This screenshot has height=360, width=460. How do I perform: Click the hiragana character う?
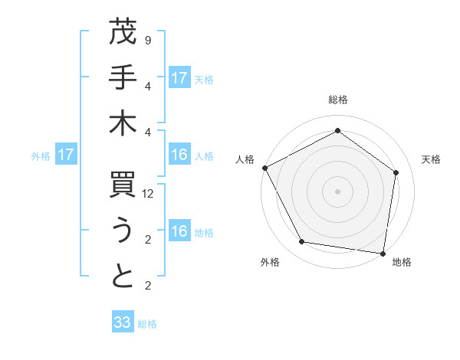point(123,230)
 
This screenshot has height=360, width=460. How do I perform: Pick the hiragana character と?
point(123,276)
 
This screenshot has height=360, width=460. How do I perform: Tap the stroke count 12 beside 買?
point(149,195)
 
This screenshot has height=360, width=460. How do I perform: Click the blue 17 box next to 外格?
point(66,155)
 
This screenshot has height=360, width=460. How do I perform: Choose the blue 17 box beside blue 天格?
point(179,77)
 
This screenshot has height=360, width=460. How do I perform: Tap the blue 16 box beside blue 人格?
point(179,155)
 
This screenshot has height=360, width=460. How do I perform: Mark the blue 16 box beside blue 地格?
point(179,232)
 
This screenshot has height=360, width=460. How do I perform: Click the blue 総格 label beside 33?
point(147,324)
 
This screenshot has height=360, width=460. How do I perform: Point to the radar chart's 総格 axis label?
point(337,100)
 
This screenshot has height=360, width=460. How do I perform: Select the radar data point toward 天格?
point(396,172)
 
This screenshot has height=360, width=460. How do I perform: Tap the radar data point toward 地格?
point(383,253)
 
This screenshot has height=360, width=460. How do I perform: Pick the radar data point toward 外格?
point(302,242)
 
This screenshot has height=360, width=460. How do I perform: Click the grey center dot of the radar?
point(337,191)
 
